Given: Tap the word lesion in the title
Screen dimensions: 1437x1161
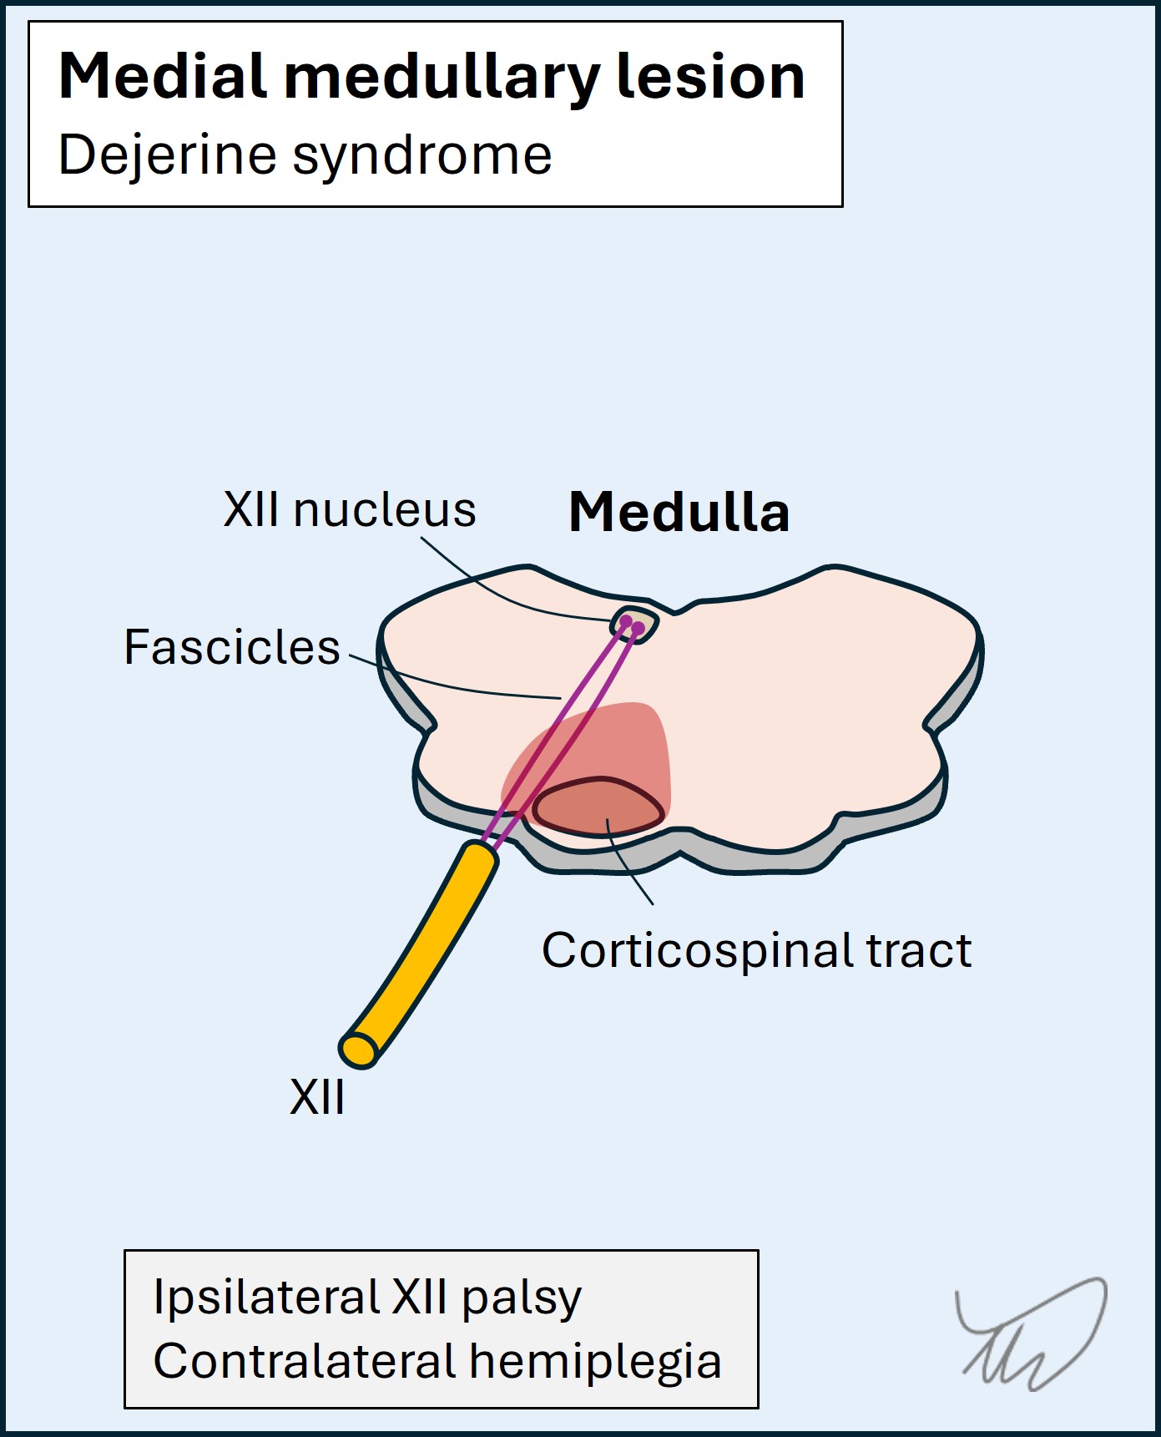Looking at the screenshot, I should click(710, 77).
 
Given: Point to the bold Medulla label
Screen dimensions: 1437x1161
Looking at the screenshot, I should click(679, 512).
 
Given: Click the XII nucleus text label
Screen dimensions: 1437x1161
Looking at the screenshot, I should click(349, 510).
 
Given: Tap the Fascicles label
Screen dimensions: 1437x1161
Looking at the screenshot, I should click(232, 647).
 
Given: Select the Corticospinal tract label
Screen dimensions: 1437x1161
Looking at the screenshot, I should click(756, 950).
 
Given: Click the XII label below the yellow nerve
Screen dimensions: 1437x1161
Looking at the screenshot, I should click(316, 1097).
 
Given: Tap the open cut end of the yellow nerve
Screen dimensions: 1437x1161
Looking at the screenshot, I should click(359, 1050).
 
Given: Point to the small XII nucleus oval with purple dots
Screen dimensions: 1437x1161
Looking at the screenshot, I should click(634, 623).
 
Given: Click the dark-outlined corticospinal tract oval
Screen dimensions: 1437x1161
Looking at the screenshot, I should click(598, 807).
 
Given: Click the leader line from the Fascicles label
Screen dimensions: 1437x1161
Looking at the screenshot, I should click(451, 684).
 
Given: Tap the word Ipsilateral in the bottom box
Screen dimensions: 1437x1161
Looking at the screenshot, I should click(266, 1298).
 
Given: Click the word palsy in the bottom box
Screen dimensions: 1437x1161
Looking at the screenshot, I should click(521, 1299).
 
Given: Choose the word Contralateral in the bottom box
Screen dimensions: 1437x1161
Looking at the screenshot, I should click(304, 1361).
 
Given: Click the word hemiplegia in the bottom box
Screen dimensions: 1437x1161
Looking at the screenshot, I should click(595, 1363).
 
